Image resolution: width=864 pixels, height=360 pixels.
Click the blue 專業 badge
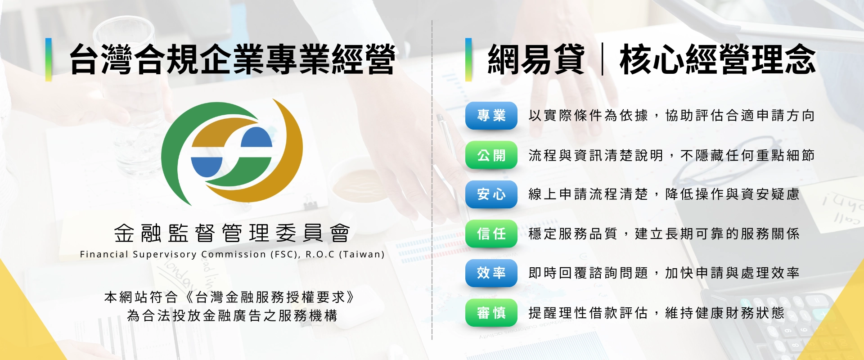pyautogui.click(x=491, y=116)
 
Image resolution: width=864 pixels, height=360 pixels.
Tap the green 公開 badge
pyautogui.click(x=491, y=155)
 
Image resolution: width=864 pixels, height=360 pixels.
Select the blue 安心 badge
pyautogui.click(x=491, y=194)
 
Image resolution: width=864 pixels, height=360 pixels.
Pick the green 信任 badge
pyautogui.click(x=491, y=234)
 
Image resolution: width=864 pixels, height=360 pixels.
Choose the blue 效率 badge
pyautogui.click(x=491, y=273)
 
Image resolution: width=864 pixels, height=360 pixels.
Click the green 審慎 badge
pyautogui.click(x=491, y=312)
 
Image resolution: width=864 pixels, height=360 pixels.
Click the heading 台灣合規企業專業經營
pyautogui.click(x=232, y=59)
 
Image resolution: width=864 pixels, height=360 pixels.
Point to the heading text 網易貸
pyautogui.click(x=536, y=59)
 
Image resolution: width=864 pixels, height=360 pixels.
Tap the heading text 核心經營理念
pyautogui.click(x=717, y=59)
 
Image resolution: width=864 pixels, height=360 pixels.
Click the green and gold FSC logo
pyautogui.click(x=232, y=151)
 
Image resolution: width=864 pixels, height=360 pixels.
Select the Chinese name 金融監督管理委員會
pyautogui.click(x=232, y=233)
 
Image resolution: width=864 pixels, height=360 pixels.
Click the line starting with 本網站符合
pyautogui.click(x=229, y=297)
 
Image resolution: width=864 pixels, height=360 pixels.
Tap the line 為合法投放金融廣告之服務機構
pyautogui.click(x=232, y=315)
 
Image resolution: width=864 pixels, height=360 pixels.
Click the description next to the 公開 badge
pyautogui.click(x=671, y=155)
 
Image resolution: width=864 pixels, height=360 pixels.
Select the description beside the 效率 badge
pyautogui.click(x=664, y=273)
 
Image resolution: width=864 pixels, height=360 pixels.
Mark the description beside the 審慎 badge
pyautogui.click(x=656, y=312)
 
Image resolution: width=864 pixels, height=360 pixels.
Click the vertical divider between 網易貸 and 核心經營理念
pyautogui.click(x=602, y=59)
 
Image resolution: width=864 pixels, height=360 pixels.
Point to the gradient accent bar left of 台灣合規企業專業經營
pyautogui.click(x=49, y=59)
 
